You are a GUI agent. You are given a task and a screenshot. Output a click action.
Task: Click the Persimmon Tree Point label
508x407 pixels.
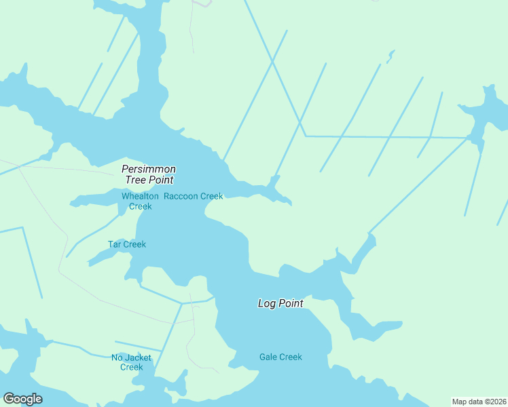pyautogui.click(x=149, y=174)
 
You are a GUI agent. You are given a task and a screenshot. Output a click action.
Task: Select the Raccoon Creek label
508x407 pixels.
pyautogui.click(x=193, y=197)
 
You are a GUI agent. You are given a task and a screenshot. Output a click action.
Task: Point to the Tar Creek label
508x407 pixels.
pyautogui.click(x=127, y=244)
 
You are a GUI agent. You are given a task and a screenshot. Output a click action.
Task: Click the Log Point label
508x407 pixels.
pyautogui.click(x=280, y=303)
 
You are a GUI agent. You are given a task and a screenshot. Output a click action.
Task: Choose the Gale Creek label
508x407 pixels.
pyautogui.click(x=280, y=357)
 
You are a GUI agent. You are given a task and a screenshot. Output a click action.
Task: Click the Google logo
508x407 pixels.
pyautogui.click(x=22, y=399)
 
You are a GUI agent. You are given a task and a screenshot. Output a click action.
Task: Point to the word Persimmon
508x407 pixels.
pyautogui.click(x=149, y=169)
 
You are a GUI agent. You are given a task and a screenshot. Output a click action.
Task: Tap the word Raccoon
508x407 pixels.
pyautogui.click(x=180, y=197)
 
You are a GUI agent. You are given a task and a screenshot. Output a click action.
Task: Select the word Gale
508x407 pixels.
pyautogui.click(x=268, y=357)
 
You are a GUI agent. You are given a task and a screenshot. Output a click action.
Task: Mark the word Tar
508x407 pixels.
pyautogui.click(x=114, y=244)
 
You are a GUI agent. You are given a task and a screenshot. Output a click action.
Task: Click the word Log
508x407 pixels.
pyautogui.click(x=266, y=303)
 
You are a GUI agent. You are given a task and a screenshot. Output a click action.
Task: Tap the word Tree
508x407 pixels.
pyautogui.click(x=135, y=180)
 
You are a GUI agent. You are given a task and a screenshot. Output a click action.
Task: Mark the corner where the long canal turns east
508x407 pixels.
pyautogui.click(x=305, y=136)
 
